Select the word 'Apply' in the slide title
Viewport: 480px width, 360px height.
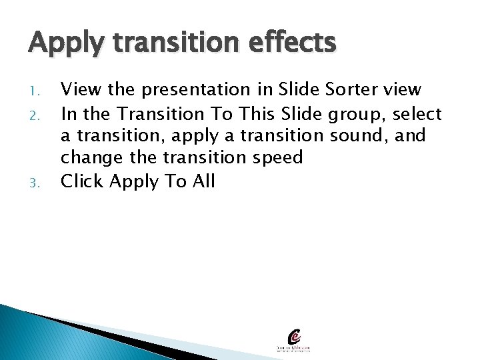coord(62,44)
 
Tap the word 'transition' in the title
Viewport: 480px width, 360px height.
coord(163,44)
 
